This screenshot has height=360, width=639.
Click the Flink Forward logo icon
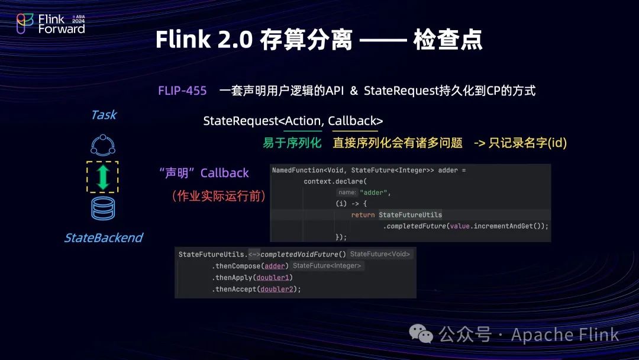(x=25, y=24)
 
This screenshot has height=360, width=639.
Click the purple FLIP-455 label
(x=182, y=91)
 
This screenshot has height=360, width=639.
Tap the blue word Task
(x=104, y=115)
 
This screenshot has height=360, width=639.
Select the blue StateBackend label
(x=104, y=238)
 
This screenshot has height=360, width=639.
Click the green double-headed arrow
(x=103, y=177)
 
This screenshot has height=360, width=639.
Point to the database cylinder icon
(x=103, y=209)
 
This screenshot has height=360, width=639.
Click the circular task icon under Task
(x=103, y=144)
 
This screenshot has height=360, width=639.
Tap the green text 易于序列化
(x=292, y=143)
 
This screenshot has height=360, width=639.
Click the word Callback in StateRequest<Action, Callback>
(x=352, y=121)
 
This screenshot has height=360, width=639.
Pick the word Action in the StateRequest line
(x=302, y=121)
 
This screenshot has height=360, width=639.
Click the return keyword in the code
(x=363, y=214)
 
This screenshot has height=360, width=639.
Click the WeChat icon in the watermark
(x=425, y=335)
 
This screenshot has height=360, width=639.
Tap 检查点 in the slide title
(x=448, y=40)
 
